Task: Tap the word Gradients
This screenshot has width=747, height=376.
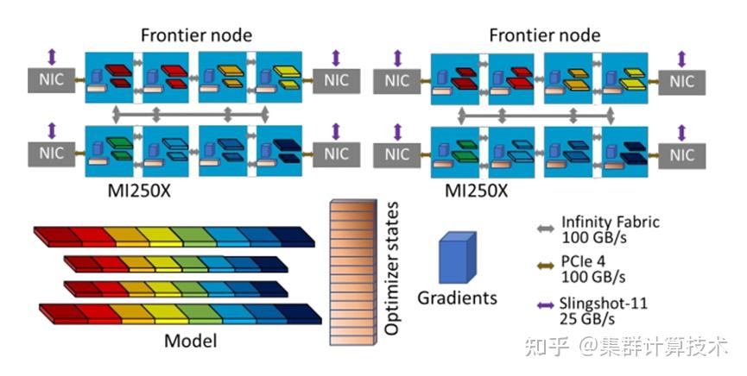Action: coord(457,298)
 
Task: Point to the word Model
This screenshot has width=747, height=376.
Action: coord(190,342)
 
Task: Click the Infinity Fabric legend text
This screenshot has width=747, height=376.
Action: coord(611,222)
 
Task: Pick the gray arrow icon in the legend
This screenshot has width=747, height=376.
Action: coord(544,229)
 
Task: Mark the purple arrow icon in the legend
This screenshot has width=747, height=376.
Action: coord(544,304)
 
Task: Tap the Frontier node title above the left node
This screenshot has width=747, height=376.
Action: coord(196,35)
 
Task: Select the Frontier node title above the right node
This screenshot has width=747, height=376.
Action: coord(544,35)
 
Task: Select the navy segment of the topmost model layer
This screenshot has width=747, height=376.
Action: coord(290,234)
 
